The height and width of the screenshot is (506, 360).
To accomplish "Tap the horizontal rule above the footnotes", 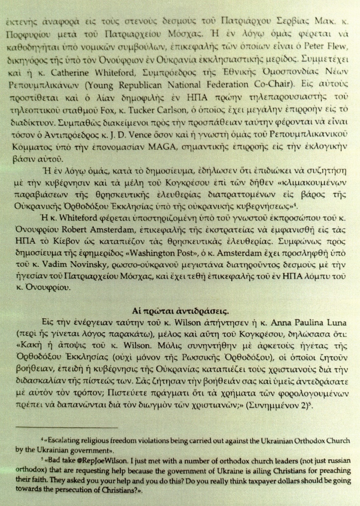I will tap(67, 428).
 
